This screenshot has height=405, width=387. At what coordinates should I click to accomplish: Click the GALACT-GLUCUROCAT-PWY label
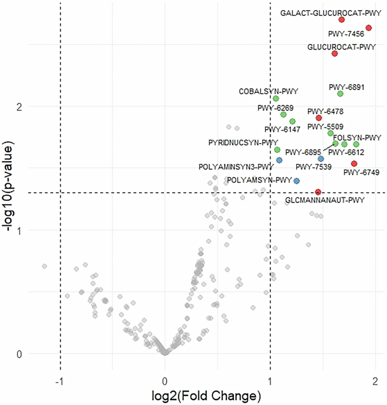pyautogui.click(x=331, y=12)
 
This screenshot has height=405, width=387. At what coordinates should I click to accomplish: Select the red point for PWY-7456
pyautogui.click(x=368, y=28)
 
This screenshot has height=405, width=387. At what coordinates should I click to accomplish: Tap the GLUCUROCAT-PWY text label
pyautogui.click(x=341, y=47)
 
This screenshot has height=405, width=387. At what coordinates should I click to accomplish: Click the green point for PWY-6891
pyautogui.click(x=340, y=93)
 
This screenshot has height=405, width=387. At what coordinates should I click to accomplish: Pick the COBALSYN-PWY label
pyautogui.click(x=268, y=91)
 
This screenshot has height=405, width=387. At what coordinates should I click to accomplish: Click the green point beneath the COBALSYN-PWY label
pyautogui.click(x=276, y=98)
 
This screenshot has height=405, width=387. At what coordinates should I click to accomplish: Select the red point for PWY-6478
pyautogui.click(x=319, y=118)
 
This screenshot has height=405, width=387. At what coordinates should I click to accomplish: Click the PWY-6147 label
pyautogui.click(x=282, y=130)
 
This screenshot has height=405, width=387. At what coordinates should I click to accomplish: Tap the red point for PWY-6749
pyautogui.click(x=354, y=163)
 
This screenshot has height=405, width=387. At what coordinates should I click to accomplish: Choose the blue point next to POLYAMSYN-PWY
pyautogui.click(x=297, y=180)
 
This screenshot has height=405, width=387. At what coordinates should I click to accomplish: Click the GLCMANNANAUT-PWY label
pyautogui.click(x=325, y=200)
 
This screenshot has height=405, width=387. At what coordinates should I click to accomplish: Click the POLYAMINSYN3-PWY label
pyautogui.click(x=236, y=167)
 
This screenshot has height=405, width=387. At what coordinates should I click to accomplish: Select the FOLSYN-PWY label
pyautogui.click(x=357, y=137)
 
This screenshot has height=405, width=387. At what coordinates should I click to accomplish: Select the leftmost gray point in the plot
pyautogui.click(x=44, y=266)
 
